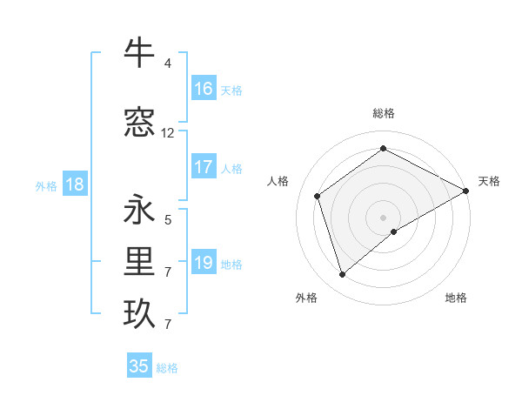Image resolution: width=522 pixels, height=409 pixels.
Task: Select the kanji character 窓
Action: click(139, 122)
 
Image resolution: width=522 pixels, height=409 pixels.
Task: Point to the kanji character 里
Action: click(139, 261)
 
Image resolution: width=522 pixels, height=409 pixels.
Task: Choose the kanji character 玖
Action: click(139, 314)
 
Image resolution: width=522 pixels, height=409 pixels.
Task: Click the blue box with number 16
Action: click(204, 89)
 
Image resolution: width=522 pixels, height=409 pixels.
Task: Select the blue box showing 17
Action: click(204, 167)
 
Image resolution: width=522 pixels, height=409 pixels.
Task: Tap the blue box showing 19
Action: click(204, 263)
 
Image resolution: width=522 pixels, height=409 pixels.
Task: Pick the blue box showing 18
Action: click(74, 184)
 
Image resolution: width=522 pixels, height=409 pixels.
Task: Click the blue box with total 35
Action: click(139, 366)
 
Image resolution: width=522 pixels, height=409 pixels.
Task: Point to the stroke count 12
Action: click(168, 133)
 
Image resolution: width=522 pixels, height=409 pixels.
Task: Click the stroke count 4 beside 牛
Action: click(168, 64)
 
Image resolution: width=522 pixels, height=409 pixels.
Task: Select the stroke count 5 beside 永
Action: click(168, 220)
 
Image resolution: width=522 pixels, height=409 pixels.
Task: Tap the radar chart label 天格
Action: click(489, 181)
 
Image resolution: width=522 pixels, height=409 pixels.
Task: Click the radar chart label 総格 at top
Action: click(384, 113)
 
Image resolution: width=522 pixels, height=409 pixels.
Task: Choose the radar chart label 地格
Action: click(456, 298)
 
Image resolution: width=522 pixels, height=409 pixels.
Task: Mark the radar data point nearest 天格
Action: click(466, 191)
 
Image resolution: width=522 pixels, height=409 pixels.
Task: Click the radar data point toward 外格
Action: click(343, 275)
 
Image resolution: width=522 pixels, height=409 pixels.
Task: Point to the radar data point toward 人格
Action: click(318, 196)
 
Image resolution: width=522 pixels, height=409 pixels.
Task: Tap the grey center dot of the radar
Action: click(384, 217)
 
